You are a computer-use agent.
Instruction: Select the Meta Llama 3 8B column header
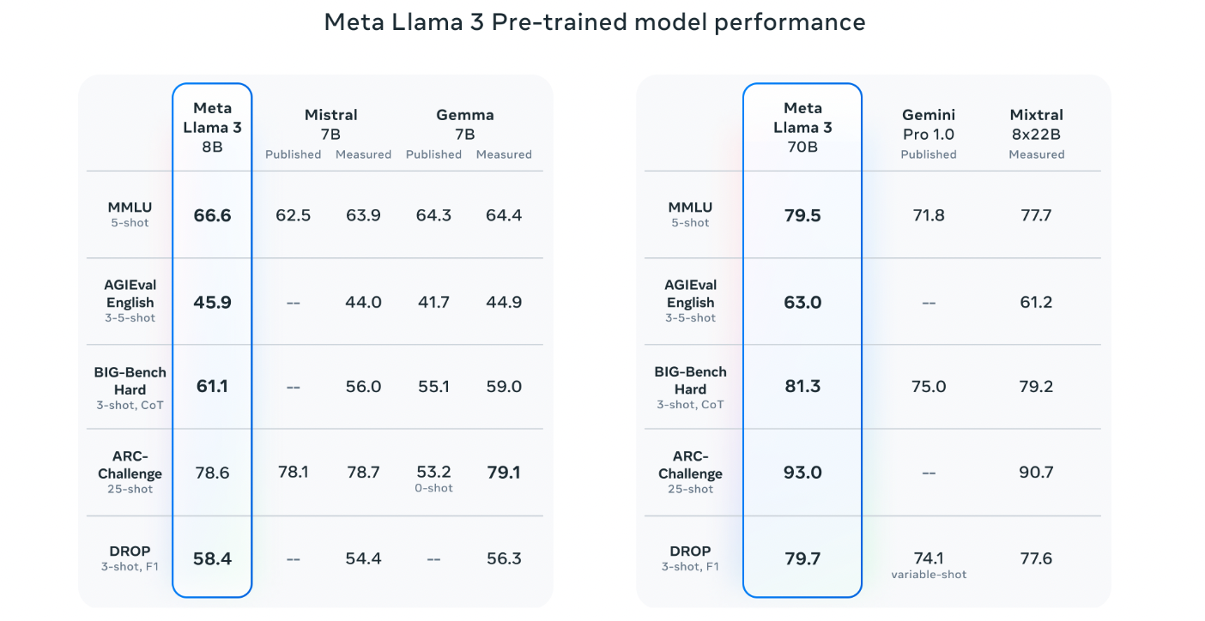(212, 127)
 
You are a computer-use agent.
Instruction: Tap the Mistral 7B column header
(330, 124)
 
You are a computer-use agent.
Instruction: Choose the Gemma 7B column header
(465, 124)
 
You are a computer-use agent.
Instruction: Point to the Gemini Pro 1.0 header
(928, 124)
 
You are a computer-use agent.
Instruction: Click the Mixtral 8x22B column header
(1036, 124)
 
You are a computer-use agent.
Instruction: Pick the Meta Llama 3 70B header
(802, 127)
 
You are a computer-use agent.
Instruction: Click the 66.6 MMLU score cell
(212, 215)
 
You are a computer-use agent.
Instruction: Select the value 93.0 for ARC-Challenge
(802, 473)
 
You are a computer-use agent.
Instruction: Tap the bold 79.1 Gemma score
(503, 473)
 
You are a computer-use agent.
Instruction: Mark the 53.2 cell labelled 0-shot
(433, 473)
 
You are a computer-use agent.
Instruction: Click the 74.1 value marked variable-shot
(929, 558)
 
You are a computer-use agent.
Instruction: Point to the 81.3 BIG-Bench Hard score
(802, 387)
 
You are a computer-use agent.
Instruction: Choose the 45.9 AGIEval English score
(212, 302)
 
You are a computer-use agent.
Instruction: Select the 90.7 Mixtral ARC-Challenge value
(1036, 473)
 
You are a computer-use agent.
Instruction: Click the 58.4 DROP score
(212, 558)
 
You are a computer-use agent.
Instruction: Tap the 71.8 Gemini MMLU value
(929, 215)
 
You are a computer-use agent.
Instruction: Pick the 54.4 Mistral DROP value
(363, 558)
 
